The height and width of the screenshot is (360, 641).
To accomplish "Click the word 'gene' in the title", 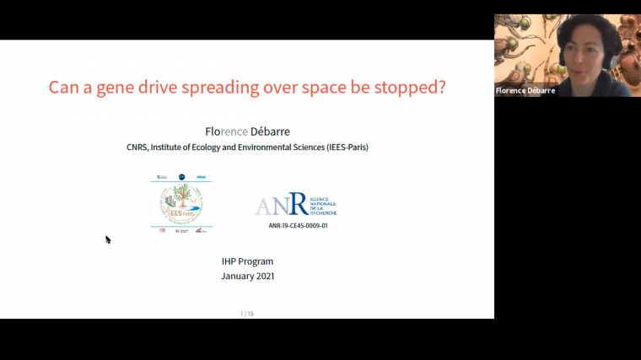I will tap(113, 87).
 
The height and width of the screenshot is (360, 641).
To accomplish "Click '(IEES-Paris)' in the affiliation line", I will tap(342, 148).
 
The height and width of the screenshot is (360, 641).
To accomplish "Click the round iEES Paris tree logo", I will tap(180, 203).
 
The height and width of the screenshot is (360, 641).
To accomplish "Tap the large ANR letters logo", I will tap(283, 205).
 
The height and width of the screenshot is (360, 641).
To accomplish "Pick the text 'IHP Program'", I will tap(247, 261).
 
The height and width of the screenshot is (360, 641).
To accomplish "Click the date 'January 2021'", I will tap(247, 276).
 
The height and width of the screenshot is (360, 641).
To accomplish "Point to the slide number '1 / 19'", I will tap(247, 314).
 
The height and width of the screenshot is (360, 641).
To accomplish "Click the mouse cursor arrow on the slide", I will tap(108, 239).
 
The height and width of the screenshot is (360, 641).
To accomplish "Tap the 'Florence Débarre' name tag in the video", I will tap(525, 90).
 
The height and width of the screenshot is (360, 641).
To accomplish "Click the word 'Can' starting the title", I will tap(63, 87).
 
